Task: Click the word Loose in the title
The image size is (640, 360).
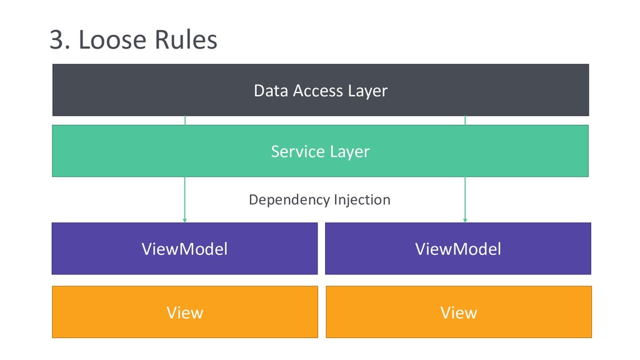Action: pos(112,39)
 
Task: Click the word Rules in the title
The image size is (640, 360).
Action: pos(186,39)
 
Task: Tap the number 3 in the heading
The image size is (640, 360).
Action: pos(57,40)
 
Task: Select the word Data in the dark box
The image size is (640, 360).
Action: pos(271,91)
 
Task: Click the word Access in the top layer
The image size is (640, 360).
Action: pos(318,91)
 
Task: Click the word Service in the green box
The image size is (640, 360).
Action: pos(298,151)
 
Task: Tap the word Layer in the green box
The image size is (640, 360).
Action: pos(350,152)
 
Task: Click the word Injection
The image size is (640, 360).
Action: pos(362,200)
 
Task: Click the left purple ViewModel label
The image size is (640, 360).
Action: pos(184,249)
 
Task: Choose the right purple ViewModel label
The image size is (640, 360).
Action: pos(458,249)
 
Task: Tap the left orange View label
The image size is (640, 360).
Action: pos(185,312)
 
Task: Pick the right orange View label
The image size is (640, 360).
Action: pos(459,312)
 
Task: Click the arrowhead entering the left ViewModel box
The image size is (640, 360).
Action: pos(185,221)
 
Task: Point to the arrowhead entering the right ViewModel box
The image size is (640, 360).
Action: pos(465,221)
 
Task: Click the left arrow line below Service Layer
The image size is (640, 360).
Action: pos(185,199)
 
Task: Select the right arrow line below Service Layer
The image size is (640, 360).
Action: pos(465,199)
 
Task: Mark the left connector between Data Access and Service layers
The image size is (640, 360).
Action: pos(185,121)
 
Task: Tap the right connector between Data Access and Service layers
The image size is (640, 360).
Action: pos(465,121)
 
